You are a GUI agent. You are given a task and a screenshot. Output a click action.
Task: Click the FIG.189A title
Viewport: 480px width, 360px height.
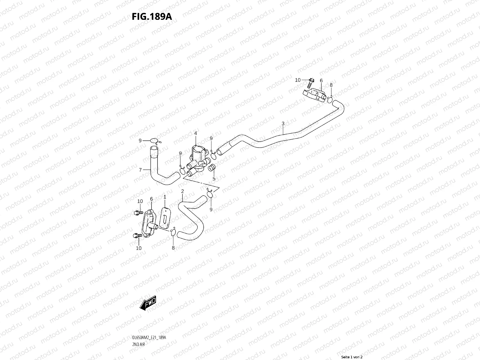pyautogui.click(x=152, y=16)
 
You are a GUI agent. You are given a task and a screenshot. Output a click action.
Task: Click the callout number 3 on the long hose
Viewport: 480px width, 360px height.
pyautogui.click(x=283, y=124)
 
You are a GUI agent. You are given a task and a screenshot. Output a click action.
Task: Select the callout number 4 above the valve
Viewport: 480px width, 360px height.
pyautogui.click(x=195, y=133)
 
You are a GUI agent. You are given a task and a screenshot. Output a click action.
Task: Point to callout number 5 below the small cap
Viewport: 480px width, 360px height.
pyautogui.click(x=214, y=178)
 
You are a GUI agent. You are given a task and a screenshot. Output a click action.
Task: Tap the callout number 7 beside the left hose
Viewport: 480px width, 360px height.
pyautogui.click(x=140, y=170)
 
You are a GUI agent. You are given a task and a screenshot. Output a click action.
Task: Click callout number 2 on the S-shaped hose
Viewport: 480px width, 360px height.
pyautogui.click(x=182, y=191)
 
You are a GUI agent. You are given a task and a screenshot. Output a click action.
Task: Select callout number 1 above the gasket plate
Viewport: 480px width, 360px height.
pyautogui.click(x=164, y=196)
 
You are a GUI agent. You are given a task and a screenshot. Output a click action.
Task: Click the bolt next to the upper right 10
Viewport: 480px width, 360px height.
pyautogui.click(x=311, y=81)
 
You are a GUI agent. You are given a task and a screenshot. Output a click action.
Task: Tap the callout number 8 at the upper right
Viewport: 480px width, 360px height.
pyautogui.click(x=331, y=85)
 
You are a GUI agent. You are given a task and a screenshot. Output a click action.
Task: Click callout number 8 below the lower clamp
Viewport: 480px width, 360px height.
pyautogui.click(x=173, y=248)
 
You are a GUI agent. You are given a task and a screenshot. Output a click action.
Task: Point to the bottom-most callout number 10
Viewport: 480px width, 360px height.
pyautogui.click(x=139, y=248)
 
